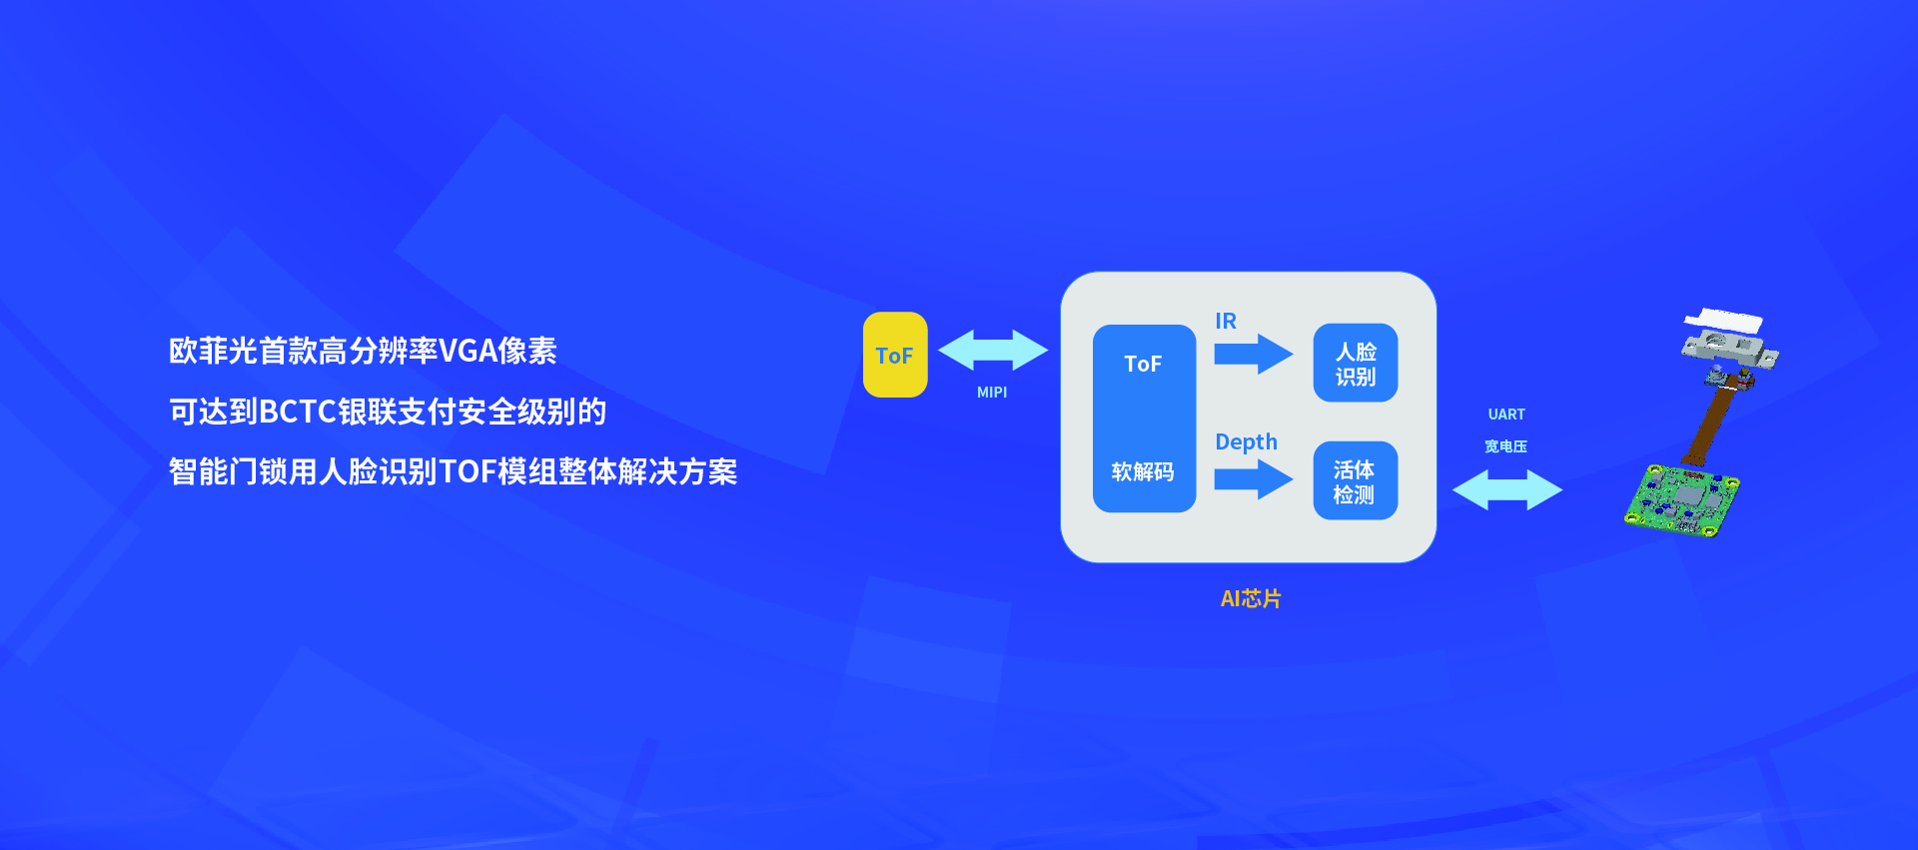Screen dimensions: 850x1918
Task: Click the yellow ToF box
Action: click(x=894, y=355)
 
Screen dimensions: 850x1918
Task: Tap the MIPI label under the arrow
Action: click(x=992, y=393)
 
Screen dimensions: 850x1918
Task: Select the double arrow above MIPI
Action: click(x=993, y=350)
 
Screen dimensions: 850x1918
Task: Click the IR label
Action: click(x=1226, y=321)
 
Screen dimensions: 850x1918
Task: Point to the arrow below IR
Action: click(x=1253, y=354)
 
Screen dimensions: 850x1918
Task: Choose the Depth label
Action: click(x=1246, y=442)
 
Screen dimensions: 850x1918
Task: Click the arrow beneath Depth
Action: click(x=1253, y=479)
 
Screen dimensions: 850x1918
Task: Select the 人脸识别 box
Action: click(x=1356, y=364)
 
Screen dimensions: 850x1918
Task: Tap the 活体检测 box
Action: click(x=1355, y=481)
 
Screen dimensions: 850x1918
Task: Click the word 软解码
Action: click(x=1143, y=471)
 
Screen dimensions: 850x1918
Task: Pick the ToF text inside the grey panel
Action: click(x=1143, y=364)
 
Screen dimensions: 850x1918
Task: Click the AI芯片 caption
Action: click(x=1251, y=598)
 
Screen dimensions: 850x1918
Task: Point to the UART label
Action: click(x=1506, y=415)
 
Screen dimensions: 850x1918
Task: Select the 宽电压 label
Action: click(x=1505, y=446)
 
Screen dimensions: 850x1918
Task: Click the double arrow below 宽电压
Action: click(x=1506, y=489)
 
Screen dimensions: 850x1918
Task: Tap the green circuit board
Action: click(x=1680, y=500)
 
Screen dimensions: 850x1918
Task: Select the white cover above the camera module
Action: click(x=1723, y=320)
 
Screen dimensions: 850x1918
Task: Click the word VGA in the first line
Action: click(x=468, y=351)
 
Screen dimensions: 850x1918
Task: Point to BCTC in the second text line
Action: click(x=298, y=412)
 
